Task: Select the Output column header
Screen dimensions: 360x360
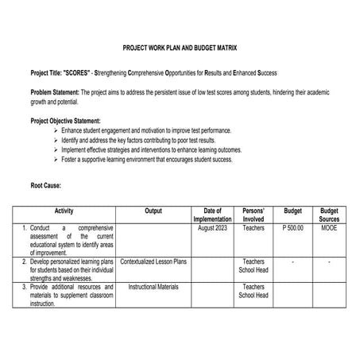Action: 153,211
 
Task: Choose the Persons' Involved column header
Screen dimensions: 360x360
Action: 254,215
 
